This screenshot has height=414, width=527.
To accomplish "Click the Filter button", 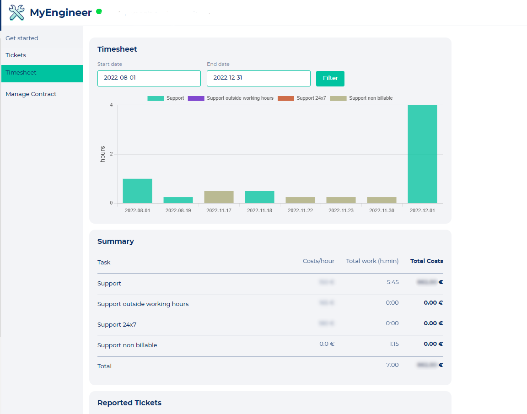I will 330,78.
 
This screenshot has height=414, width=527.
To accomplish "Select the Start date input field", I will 149,78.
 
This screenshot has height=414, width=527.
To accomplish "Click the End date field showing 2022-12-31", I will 258,78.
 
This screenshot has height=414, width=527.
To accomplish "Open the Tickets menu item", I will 16,55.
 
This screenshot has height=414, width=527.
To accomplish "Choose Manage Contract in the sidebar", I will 31,94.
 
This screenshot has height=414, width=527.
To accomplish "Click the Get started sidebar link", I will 22,38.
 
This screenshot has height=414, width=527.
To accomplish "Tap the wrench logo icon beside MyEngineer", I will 16,12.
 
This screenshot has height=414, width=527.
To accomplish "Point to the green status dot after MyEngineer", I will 99,11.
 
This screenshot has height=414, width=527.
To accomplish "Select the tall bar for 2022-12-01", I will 422,154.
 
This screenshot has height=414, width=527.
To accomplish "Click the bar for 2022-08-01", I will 137,191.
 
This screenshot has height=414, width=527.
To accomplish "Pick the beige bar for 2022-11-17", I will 219,197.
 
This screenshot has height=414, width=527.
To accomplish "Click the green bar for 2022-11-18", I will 259,197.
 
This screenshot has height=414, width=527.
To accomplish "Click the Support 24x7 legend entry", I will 302,98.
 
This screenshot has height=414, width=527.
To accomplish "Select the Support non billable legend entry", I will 361,98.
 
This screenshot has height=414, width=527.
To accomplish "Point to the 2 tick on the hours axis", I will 111,154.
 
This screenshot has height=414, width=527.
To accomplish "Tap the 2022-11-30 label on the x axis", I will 382,211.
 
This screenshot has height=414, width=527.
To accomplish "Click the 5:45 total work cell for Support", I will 393,282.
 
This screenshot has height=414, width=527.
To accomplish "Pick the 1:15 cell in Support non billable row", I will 393,344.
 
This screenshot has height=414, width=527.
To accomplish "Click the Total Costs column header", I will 426,261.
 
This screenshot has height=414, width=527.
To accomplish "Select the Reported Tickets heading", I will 129,403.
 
